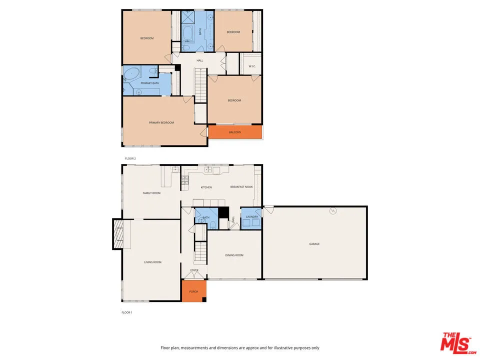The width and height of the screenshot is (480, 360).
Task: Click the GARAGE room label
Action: click(x=314, y=244)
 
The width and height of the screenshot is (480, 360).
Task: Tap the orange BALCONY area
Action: click(x=235, y=132)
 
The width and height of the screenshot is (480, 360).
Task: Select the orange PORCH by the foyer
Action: click(x=193, y=291)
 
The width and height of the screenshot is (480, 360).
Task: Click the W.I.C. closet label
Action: click(x=252, y=66)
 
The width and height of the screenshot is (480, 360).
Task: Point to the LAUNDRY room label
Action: click(x=251, y=216)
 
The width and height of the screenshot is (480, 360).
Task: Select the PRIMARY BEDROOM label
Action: click(x=161, y=122)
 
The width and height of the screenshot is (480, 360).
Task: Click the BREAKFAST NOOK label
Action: click(x=241, y=187)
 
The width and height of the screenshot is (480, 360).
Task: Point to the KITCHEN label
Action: click(x=206, y=187)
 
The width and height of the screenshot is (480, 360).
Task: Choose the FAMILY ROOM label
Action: click(x=151, y=192)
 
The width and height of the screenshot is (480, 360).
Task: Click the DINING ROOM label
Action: click(x=234, y=255)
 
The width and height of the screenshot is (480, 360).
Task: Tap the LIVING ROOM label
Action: click(x=152, y=262)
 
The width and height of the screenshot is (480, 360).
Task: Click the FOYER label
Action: click(x=194, y=270)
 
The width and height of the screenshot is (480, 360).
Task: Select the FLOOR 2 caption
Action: click(x=130, y=158)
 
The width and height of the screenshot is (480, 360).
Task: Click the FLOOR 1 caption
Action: click(x=126, y=312)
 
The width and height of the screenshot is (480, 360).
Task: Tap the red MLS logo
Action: click(x=455, y=343)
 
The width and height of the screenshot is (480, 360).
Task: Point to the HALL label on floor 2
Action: click(x=199, y=60)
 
